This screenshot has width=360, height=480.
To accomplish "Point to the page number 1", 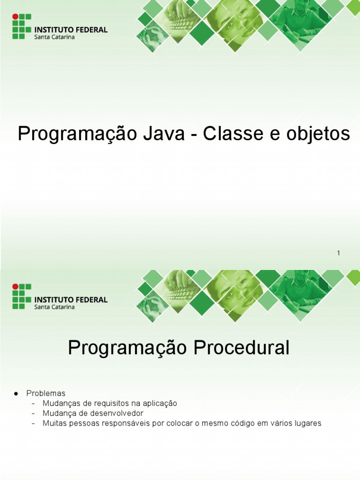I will (x=338, y=254).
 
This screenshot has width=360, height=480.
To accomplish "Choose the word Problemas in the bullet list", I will (x=46, y=393).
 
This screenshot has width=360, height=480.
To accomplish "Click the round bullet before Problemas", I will (x=16, y=393).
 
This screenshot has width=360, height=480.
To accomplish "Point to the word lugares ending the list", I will (x=307, y=424).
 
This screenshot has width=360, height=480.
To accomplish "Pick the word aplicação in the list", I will (x=156, y=403).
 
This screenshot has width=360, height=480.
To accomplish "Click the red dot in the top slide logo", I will (x=15, y=16).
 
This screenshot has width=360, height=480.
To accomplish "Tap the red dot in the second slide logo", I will (x=15, y=286).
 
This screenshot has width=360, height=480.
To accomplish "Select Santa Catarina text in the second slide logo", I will (x=54, y=307).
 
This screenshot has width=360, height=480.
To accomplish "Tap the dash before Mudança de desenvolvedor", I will (x=33, y=413).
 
